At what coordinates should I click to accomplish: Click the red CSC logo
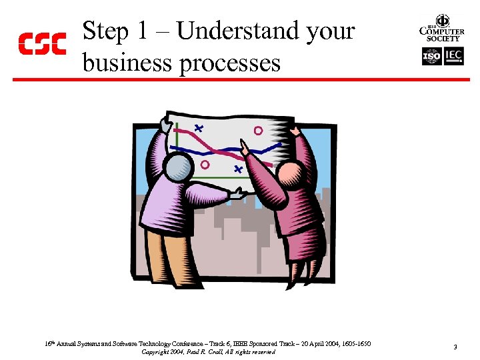click(41, 43)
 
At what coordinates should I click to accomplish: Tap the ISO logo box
click(432, 57)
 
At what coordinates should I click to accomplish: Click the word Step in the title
click(105, 31)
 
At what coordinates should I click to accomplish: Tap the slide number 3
click(454, 347)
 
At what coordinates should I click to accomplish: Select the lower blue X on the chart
click(238, 170)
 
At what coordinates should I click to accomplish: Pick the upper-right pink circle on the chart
click(258, 131)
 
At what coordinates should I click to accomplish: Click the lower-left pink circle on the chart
click(205, 163)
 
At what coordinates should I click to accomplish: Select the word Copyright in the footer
click(156, 351)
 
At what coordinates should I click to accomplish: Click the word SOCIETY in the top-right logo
click(441, 39)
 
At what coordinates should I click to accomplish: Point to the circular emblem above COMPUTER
click(441, 20)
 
